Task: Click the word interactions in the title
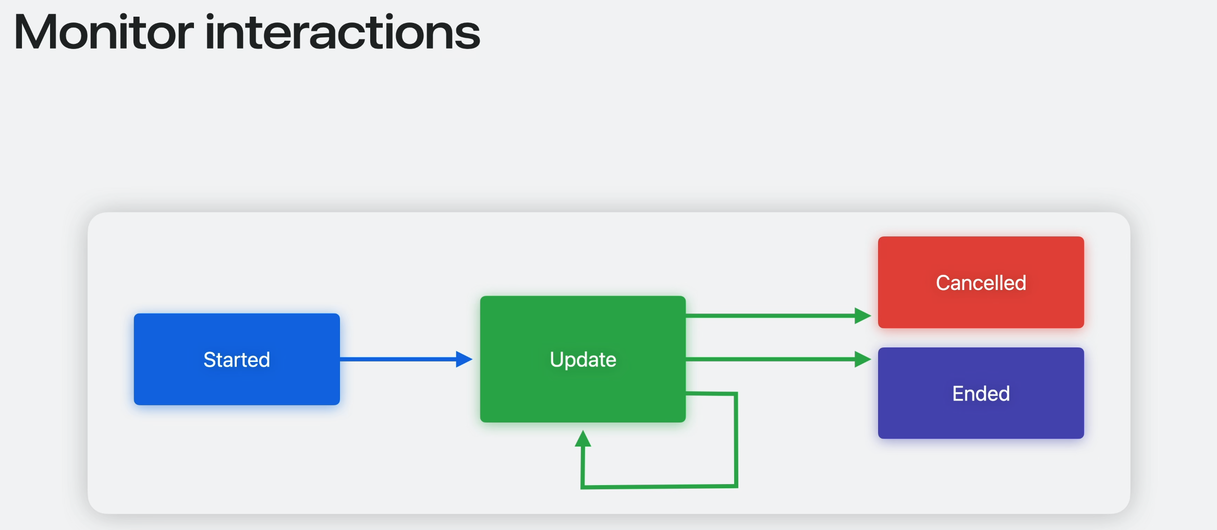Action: pos(343,32)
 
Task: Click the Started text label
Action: pos(237,359)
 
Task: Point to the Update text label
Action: pos(583,359)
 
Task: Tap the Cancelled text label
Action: pos(981,283)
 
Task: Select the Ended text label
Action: pos(981,393)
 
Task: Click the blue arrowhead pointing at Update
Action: pos(464,359)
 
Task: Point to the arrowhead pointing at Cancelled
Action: pos(862,316)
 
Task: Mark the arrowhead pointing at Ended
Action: pos(862,359)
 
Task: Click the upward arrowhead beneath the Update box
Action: pos(583,439)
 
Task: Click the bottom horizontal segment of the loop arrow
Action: pos(659,487)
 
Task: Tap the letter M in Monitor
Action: pos(35,32)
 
